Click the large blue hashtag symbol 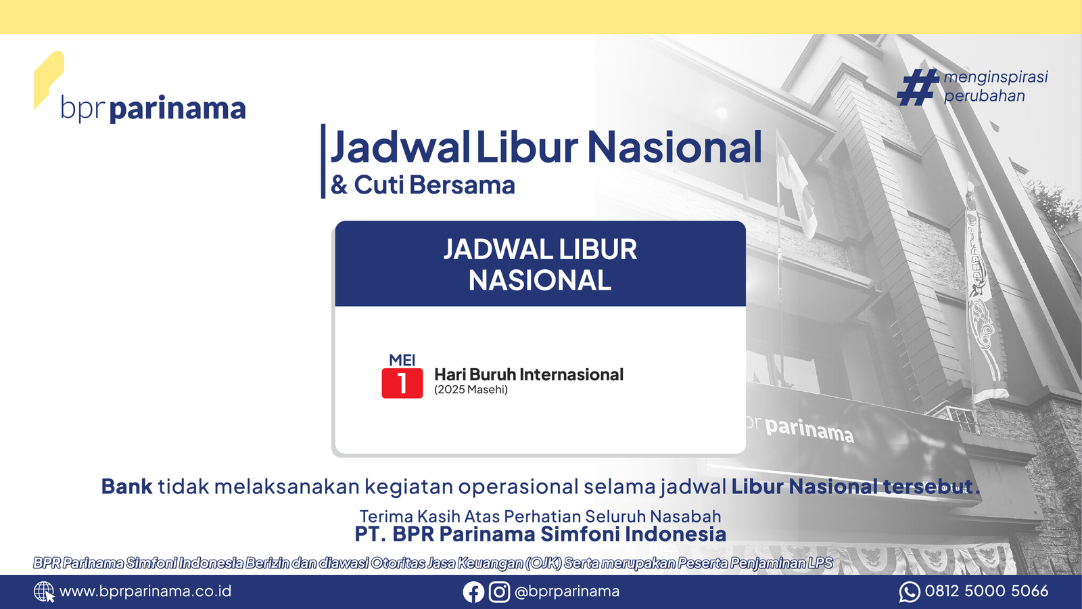[x=917, y=87]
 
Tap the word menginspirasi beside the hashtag [x=995, y=77]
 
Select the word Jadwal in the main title [x=400, y=148]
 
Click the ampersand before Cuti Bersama [x=339, y=185]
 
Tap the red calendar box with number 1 [x=402, y=383]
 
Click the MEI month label [x=402, y=360]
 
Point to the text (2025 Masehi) [x=471, y=390]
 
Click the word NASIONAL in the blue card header [x=540, y=280]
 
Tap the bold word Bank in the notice [x=126, y=487]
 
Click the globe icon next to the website [x=44, y=591]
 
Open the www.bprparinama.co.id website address [x=145, y=591]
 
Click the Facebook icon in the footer [x=473, y=592]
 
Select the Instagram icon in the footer [x=499, y=592]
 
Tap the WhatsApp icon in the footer [x=910, y=592]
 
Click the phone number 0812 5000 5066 [x=987, y=591]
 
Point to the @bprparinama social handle [x=567, y=591]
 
